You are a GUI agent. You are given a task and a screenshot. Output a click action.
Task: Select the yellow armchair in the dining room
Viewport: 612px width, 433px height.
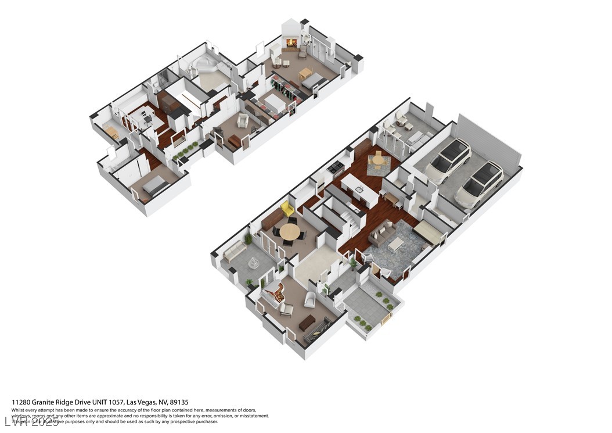[x=287, y=209]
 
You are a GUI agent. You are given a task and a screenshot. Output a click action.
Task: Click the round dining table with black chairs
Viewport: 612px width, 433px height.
[x=289, y=232]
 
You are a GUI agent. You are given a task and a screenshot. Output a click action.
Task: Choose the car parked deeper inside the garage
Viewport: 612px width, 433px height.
[x=448, y=159]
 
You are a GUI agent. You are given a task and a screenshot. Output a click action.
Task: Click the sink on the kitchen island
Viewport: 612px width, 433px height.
[x=359, y=189]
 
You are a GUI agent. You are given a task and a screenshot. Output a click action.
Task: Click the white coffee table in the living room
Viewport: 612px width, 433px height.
[x=396, y=244]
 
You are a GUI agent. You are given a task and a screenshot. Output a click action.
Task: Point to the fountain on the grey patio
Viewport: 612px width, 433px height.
[x=253, y=263]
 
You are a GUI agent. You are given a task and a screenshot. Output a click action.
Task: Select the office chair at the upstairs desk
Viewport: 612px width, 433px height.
[x=147, y=120]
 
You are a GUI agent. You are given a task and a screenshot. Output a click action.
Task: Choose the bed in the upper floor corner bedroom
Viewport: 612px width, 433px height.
[x=154, y=185]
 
